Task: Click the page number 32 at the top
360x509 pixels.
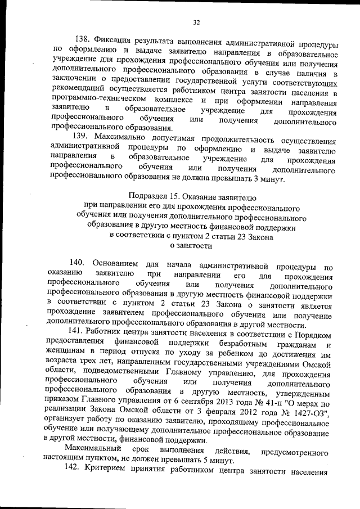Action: point(196,22)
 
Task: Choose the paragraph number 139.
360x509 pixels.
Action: point(83,137)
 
